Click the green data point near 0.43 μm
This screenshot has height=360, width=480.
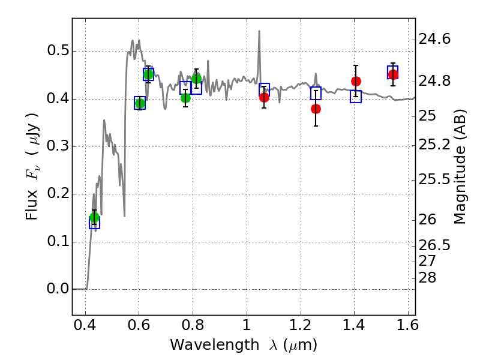(x=95, y=218)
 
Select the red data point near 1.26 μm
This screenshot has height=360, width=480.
(x=316, y=109)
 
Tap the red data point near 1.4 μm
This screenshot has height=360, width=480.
(x=356, y=81)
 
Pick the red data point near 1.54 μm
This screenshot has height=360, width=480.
(x=393, y=74)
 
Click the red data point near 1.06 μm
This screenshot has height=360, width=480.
(x=264, y=98)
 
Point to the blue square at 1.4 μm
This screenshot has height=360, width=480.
(x=356, y=97)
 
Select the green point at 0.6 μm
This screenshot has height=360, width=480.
(x=140, y=103)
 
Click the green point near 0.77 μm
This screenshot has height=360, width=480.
(x=185, y=98)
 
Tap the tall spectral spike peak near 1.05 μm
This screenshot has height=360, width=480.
(x=259, y=31)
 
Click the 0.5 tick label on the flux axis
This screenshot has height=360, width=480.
(x=58, y=50)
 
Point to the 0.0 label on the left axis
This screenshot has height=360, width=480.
(x=58, y=289)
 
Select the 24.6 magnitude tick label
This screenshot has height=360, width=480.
(x=434, y=39)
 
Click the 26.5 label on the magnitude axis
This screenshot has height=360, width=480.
(x=434, y=245)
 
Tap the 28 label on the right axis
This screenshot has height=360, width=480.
(x=427, y=278)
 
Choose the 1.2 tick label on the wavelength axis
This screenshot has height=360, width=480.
(x=301, y=325)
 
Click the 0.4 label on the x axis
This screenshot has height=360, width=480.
(x=85, y=325)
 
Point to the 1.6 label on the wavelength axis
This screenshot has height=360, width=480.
(x=408, y=325)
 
